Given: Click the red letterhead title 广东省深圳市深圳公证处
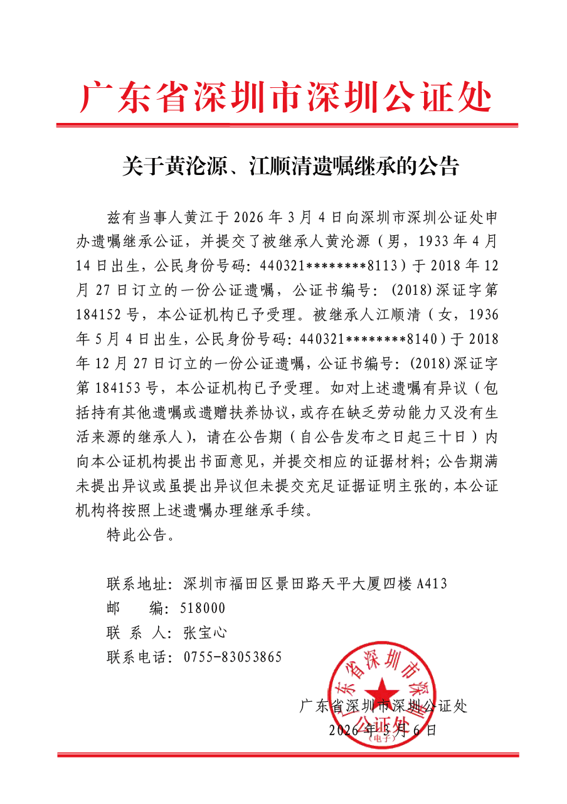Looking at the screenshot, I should [x=286, y=98].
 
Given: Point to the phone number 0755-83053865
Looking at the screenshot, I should [x=233, y=657].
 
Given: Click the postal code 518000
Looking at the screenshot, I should [x=203, y=608].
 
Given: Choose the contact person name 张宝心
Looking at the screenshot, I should [x=204, y=633].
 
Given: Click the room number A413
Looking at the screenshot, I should [x=432, y=584].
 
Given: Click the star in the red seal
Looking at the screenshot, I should [x=381, y=689].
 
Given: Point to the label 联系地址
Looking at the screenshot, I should [x=136, y=584].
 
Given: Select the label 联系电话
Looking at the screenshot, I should [x=136, y=657].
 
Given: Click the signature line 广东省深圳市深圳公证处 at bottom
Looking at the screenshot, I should [x=384, y=707].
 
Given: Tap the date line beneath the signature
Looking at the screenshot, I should [x=381, y=730].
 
